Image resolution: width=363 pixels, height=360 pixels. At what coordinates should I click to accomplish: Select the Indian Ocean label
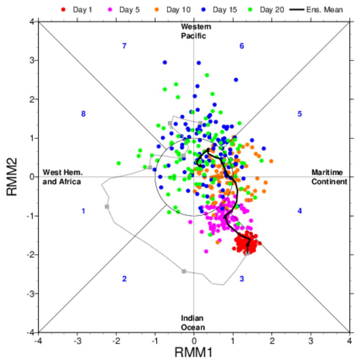pyautogui.click(x=193, y=323)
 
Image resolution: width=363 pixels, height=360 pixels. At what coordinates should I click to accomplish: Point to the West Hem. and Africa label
pyautogui.click(x=62, y=177)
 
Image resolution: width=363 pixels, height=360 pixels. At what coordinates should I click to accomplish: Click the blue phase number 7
pyautogui.click(x=124, y=46)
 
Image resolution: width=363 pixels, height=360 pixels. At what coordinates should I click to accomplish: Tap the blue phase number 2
pyautogui.click(x=124, y=279)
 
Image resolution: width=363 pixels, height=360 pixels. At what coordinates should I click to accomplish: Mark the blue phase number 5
pyautogui.click(x=299, y=114)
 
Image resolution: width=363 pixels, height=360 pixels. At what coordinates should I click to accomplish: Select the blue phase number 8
pyautogui.click(x=84, y=114)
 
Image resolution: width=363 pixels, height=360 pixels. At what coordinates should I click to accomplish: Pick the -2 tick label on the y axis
pyautogui.click(x=29, y=255)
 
